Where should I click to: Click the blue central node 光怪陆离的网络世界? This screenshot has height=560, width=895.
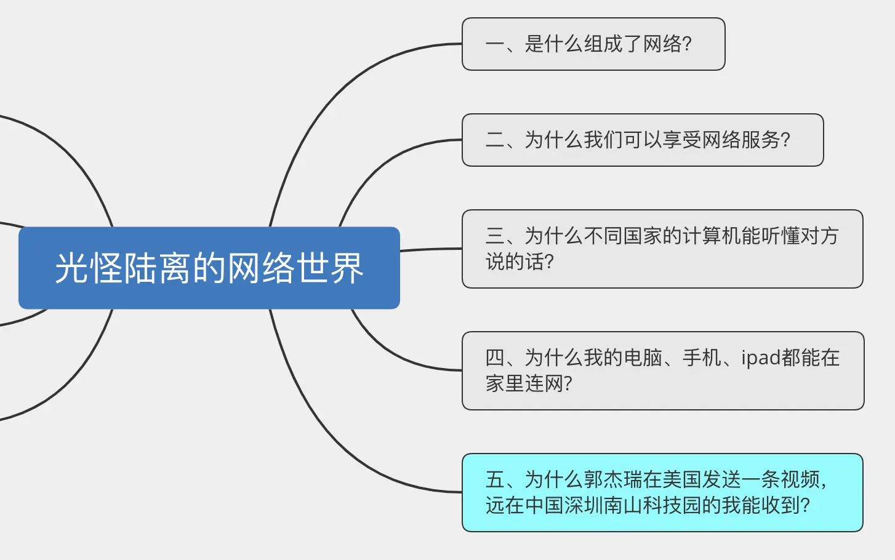[x=209, y=268]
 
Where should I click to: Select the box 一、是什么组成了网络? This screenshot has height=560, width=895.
[x=593, y=44]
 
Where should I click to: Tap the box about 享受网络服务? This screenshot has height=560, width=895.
[x=643, y=140]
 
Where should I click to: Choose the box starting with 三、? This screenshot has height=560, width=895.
[x=662, y=249]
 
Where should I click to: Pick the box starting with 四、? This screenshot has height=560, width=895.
[x=663, y=370]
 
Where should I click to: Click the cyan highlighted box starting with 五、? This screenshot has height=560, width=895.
[x=662, y=492]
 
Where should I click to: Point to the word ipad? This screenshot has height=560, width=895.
[x=761, y=358]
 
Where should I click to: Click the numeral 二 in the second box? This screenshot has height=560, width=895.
[x=495, y=140]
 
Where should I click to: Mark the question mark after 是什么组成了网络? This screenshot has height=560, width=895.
[x=687, y=44]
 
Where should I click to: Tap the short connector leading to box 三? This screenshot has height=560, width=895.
[x=431, y=249]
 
